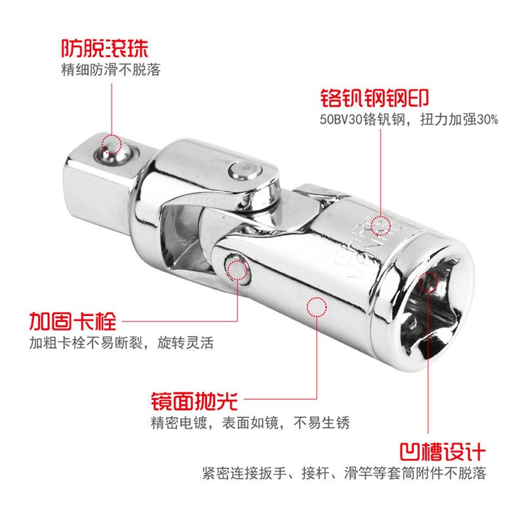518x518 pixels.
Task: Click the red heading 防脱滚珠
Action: (x=105, y=49)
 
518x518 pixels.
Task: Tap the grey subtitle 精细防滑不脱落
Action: (x=111, y=70)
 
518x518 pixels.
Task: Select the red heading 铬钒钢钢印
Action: (x=374, y=98)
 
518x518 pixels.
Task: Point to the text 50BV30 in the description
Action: (x=341, y=119)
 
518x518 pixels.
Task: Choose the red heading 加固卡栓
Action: (x=73, y=321)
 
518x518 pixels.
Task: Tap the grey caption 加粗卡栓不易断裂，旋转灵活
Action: (x=121, y=342)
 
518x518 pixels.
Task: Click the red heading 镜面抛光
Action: (x=195, y=401)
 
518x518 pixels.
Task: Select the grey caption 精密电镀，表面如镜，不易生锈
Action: (x=250, y=422)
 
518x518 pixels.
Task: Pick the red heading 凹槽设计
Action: (x=443, y=451)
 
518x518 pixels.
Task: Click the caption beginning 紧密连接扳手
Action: (x=344, y=473)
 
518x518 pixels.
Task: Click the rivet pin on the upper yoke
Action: (x=244, y=170)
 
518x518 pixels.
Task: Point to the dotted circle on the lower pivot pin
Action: (x=237, y=270)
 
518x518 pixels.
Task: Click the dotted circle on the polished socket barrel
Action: (x=317, y=307)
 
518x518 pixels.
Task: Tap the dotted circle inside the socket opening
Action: (x=428, y=282)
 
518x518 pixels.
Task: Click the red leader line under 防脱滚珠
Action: (x=111, y=109)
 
